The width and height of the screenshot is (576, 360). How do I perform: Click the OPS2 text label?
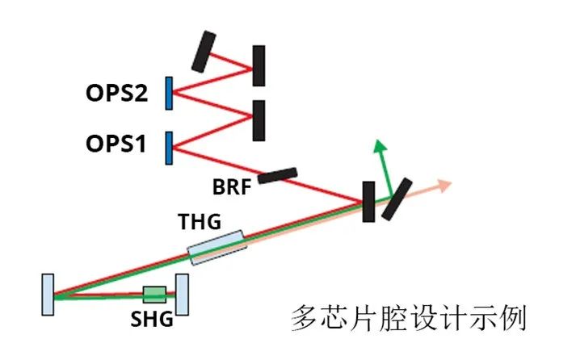click(116, 94)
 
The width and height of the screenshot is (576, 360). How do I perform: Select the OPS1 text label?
click(116, 146)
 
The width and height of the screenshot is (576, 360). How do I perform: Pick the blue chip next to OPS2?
click(169, 93)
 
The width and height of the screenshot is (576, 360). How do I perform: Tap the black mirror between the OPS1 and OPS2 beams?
click(259, 119)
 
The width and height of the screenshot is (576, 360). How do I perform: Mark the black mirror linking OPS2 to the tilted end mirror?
click(259, 65)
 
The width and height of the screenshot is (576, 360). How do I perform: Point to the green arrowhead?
click(377, 145)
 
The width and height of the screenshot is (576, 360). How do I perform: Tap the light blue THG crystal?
click(216, 248)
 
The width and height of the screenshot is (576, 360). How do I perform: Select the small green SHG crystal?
click(153, 294)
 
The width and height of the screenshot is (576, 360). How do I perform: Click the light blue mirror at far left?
click(49, 295)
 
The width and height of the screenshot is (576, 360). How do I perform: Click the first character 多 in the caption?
click(302, 317)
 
